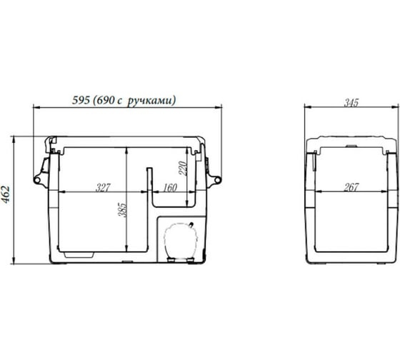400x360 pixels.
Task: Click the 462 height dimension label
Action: pyautogui.click(x=6, y=194)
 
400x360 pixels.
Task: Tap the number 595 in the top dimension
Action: pyautogui.click(x=81, y=100)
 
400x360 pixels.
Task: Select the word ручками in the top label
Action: pyautogui.click(x=151, y=101)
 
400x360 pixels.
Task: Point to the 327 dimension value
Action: pyautogui.click(x=103, y=188)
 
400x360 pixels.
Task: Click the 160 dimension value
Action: pyautogui.click(x=170, y=188)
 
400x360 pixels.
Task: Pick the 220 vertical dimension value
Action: pyautogui.click(x=183, y=168)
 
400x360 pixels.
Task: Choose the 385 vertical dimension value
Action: pyautogui.click(x=122, y=210)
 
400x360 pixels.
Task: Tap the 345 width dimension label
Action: pyautogui.click(x=351, y=103)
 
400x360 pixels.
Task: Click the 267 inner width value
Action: pyautogui.click(x=351, y=188)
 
